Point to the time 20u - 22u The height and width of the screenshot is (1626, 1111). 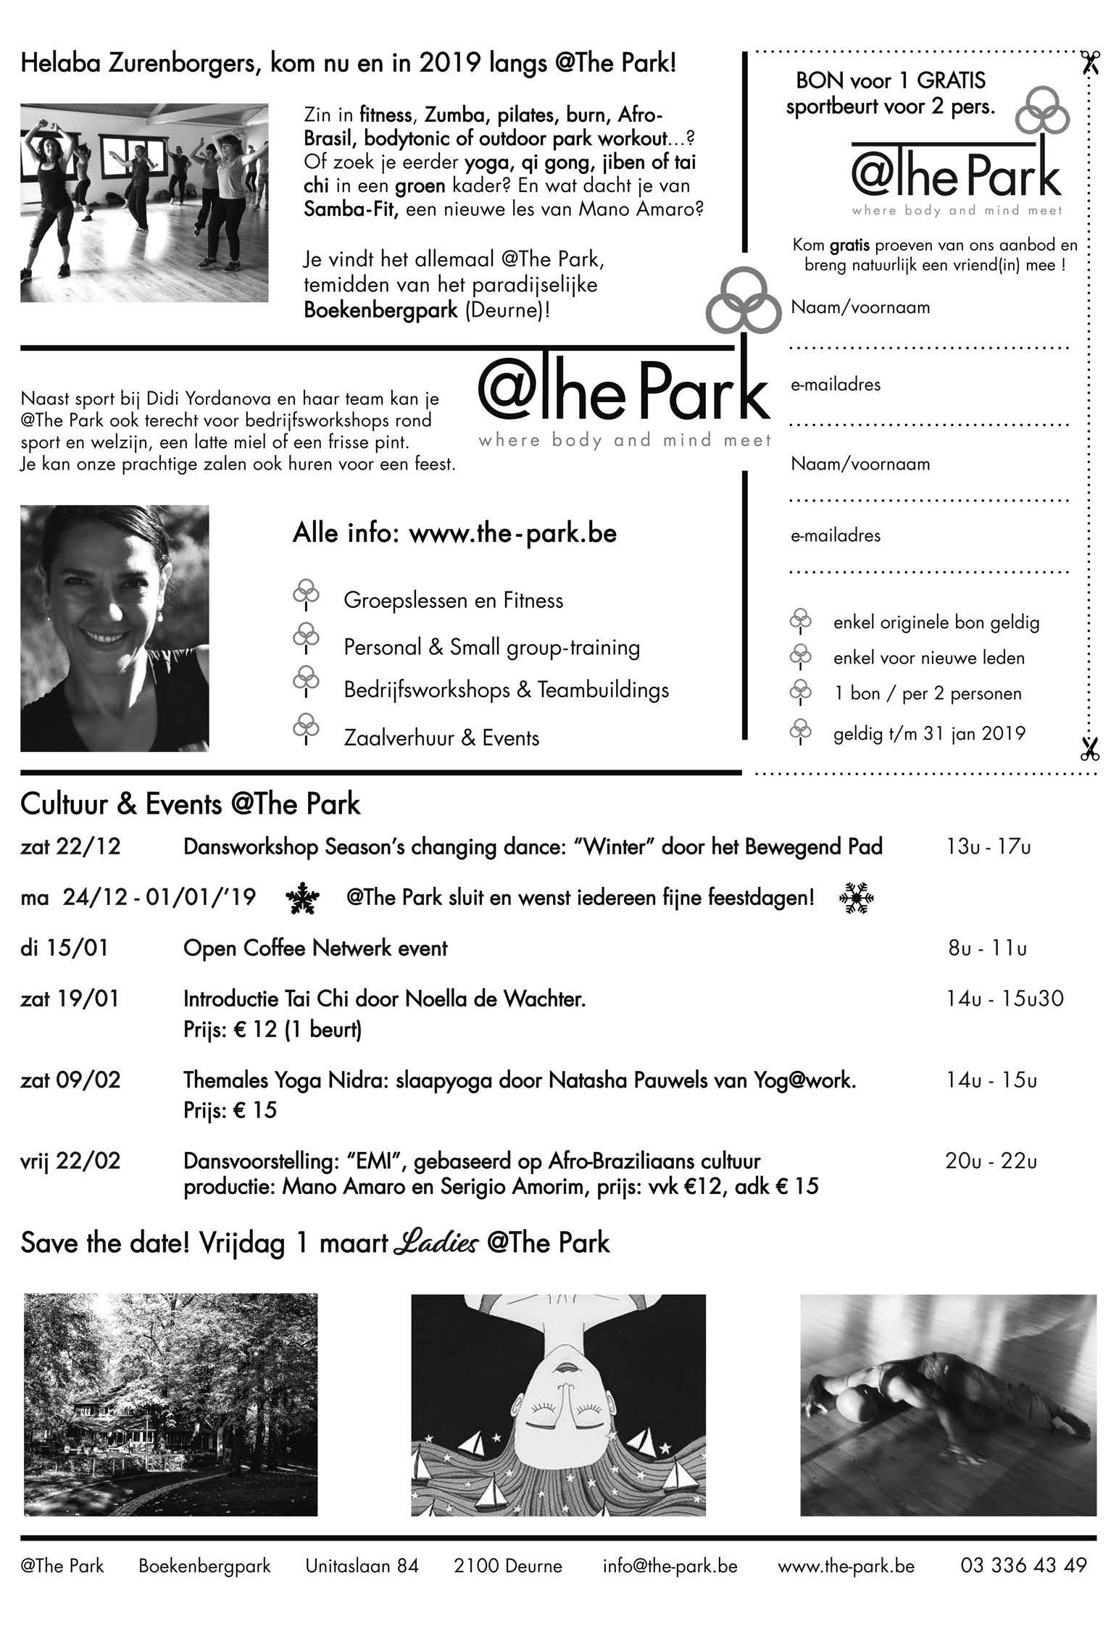991,1162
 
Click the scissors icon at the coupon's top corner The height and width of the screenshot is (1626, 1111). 1088,64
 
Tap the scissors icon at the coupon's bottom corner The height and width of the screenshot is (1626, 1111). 1089,749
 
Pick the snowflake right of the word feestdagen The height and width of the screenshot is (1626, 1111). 857,899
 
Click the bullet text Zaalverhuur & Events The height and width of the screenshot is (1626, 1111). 441,738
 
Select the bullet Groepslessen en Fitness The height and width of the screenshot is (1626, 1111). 453,601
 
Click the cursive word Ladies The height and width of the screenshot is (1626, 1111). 437,1243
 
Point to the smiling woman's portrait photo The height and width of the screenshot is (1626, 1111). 115,628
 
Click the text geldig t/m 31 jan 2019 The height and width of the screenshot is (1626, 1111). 929,733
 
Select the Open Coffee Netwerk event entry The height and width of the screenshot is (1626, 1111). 315,948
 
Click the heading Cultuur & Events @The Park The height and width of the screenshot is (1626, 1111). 191,805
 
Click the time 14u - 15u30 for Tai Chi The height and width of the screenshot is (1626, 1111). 1004,999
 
